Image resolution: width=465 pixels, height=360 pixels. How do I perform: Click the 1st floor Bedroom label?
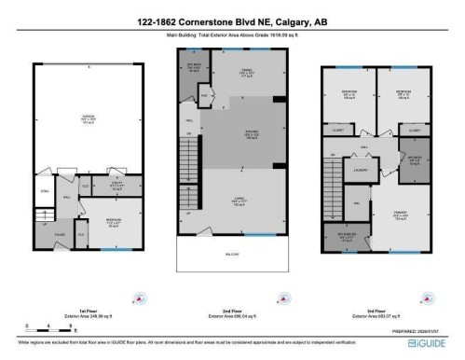(114, 224)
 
